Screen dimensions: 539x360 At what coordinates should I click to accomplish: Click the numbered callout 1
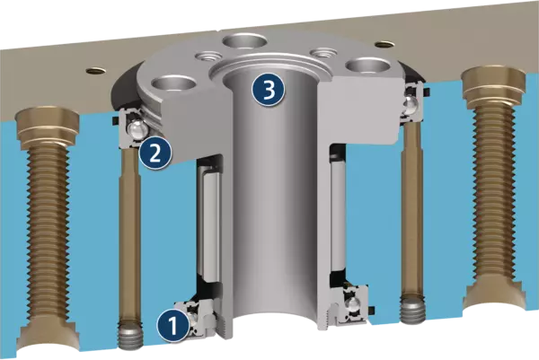click(173, 325)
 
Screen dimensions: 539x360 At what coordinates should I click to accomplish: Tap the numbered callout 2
click(155, 153)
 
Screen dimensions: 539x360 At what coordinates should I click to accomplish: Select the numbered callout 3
click(269, 91)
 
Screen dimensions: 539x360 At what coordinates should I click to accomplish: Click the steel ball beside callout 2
click(137, 130)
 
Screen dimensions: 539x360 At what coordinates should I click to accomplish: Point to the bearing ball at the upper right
click(409, 103)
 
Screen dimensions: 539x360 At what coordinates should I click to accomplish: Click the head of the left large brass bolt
click(48, 127)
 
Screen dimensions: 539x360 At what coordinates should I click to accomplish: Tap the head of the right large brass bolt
click(494, 84)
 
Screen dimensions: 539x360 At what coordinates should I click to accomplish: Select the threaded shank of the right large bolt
click(494, 191)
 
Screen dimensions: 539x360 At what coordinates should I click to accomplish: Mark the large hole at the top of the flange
click(244, 42)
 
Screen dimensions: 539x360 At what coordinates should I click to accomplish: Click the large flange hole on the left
click(174, 84)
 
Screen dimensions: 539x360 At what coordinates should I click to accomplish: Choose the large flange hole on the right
click(367, 66)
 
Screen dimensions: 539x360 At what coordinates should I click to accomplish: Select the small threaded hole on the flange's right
click(323, 53)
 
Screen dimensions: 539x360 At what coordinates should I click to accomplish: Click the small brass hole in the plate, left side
click(96, 71)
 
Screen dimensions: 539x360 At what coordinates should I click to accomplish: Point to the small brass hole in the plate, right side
click(384, 44)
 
